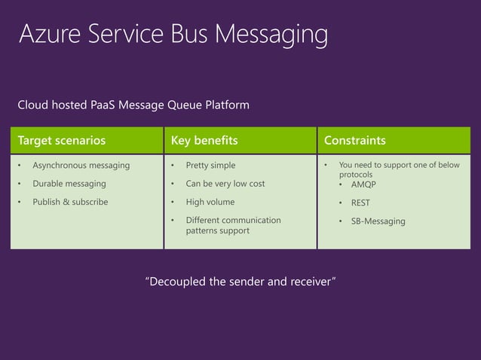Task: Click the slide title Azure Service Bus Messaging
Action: (173, 35)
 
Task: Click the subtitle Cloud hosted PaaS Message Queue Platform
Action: (133, 105)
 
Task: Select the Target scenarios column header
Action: (62, 141)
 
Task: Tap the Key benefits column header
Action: (204, 141)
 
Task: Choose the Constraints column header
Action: (354, 141)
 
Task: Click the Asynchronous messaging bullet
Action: (81, 165)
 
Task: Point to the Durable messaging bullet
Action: (69, 184)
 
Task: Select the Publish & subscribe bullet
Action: (70, 202)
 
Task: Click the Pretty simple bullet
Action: (210, 165)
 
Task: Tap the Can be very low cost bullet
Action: (225, 184)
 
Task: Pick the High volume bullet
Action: (210, 202)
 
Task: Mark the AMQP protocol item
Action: (364, 184)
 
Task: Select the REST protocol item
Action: (360, 203)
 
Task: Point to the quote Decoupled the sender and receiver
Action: (240, 282)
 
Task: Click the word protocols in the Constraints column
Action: (356, 174)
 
